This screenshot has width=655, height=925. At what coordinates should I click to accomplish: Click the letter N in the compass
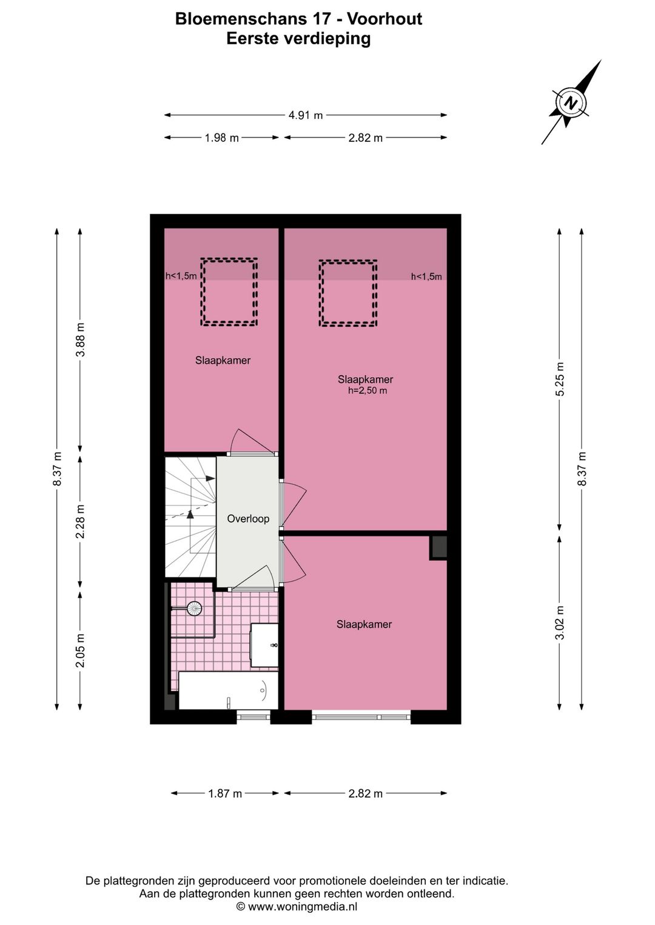point(571,102)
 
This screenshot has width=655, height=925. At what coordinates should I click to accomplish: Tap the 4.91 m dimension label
point(306,115)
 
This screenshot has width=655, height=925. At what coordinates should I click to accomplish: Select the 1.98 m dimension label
point(222,138)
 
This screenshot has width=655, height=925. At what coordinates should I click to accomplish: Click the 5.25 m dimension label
point(560,379)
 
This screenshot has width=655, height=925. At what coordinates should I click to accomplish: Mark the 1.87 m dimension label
point(225,793)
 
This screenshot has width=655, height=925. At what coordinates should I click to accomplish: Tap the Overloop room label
point(248,519)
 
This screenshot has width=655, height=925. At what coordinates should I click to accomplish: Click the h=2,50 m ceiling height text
point(368,390)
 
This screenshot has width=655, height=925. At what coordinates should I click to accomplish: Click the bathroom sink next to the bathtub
point(264,644)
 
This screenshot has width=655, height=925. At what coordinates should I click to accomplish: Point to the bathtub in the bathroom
point(228,690)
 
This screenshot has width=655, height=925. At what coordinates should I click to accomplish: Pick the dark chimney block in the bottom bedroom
point(438,548)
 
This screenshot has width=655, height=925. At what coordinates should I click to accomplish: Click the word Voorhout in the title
point(385,19)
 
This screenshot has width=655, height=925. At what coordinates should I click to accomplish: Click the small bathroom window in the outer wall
point(254,716)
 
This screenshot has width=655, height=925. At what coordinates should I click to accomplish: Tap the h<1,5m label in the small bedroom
point(181,276)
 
